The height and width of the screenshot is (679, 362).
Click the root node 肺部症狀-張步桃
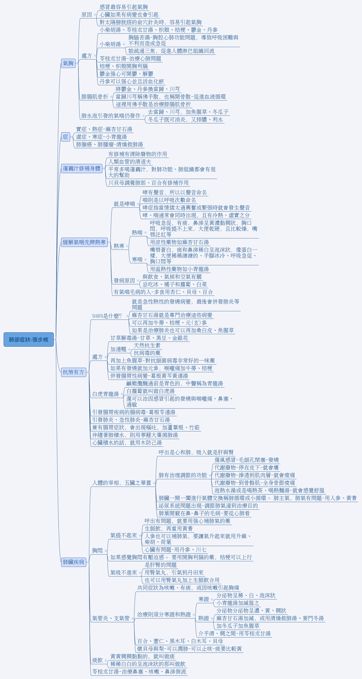[x=28, y=339]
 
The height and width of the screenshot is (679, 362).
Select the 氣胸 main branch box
[x=68, y=63]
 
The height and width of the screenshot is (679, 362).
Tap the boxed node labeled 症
[x=65, y=137]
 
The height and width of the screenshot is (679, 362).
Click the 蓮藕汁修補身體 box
[x=82, y=168]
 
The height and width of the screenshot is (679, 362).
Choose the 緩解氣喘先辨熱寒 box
[x=84, y=242]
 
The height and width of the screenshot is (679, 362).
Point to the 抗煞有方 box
[x=73, y=372]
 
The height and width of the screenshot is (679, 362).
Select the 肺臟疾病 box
[x=73, y=562]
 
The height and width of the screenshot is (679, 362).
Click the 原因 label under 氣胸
[x=87, y=15]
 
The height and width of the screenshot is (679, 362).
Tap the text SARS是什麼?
[x=107, y=316]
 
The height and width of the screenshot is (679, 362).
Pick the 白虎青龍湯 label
[x=106, y=394]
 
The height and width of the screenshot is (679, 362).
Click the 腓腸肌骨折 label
[x=95, y=97]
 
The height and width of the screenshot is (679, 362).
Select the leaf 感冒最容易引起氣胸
[x=124, y=7]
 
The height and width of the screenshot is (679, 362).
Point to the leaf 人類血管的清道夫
[x=130, y=162]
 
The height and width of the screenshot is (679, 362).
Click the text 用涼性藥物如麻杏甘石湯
[x=179, y=242]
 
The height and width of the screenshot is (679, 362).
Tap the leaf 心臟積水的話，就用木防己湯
[x=127, y=443]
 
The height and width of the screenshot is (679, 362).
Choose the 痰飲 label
[x=97, y=660]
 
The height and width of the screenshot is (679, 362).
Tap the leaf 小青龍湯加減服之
[x=238, y=603]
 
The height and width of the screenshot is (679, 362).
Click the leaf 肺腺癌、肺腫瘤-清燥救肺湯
[x=110, y=144]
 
